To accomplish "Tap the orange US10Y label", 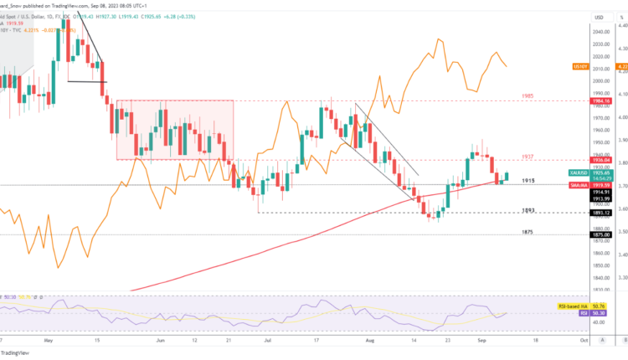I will pos(577,65).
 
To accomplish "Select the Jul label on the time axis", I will pos(268,342).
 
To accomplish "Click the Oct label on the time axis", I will pos(581,342).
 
